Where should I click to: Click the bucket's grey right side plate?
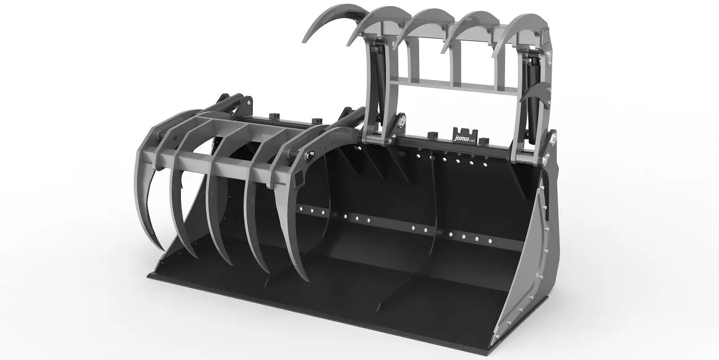point(531,270)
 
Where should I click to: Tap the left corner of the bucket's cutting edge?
point(149,275)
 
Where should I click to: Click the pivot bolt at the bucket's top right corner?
point(553,136)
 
